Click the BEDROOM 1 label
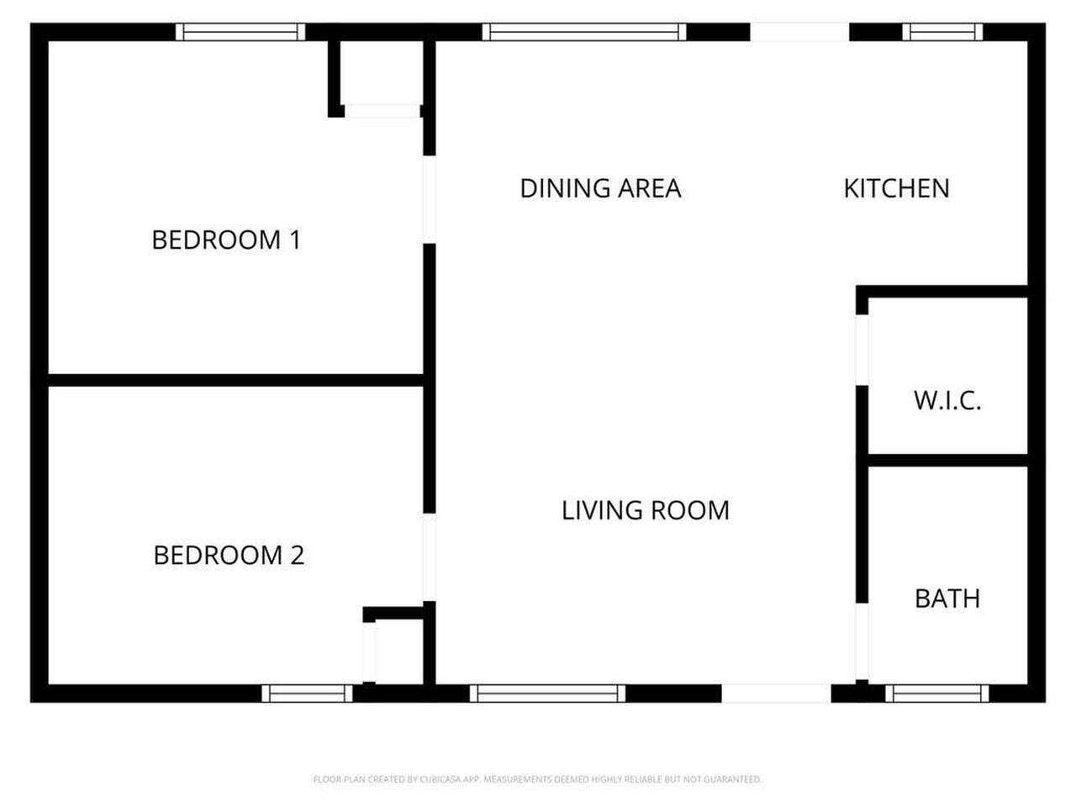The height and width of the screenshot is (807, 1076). pos(226,240)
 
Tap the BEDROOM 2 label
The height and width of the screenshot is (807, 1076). pos(229,556)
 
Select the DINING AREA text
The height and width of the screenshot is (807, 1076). pos(600,188)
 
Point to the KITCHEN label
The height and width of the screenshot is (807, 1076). pos(897,188)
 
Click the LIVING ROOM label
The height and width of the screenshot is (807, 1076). pos(646,510)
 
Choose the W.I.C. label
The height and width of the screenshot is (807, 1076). pos(947,401)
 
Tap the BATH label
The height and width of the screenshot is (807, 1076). pos(947,599)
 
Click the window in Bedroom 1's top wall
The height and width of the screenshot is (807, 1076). pos(240,32)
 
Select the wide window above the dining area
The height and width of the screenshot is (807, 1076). pos(584,32)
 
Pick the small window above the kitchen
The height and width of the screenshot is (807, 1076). pos(942,32)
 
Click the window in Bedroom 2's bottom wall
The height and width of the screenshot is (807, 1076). pos(307,694)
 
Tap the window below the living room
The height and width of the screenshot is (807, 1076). pos(547,694)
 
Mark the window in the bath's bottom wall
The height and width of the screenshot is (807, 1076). pos(936,694)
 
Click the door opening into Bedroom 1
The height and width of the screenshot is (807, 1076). pos(430,200)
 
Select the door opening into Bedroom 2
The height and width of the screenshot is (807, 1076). pos(430,557)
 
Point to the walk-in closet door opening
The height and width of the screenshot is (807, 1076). pos(862,350)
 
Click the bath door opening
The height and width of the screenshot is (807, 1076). pos(862,641)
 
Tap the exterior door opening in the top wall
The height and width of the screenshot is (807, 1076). pos(799,32)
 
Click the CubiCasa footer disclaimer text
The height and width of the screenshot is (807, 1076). pos(537,779)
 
